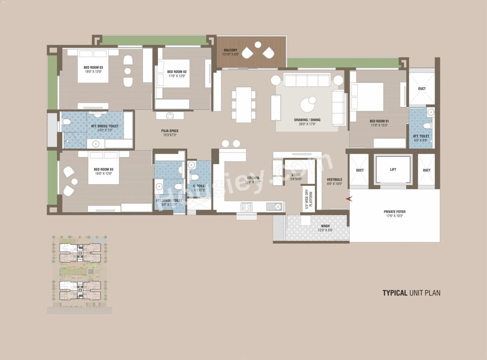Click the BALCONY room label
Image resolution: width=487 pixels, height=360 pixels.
231,50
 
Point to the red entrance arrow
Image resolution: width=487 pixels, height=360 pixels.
349,199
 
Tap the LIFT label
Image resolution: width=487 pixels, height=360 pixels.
393,170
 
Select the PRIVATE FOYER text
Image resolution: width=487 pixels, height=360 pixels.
395,212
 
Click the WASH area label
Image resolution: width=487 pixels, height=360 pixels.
325,226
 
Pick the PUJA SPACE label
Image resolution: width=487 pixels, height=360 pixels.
170,131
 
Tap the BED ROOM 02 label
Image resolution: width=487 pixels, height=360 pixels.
177,72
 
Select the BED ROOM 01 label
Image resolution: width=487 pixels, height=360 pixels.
379,121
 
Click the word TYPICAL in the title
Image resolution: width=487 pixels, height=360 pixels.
395,293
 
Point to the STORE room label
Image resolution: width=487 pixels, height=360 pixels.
296,175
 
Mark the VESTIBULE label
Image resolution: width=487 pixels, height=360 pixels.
334,180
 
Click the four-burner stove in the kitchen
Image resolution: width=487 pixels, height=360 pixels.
247,207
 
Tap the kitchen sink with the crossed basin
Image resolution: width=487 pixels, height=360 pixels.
278,207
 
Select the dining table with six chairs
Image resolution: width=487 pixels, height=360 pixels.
243,105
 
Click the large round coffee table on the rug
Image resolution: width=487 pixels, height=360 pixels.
307,105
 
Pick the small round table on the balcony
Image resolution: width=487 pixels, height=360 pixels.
258,45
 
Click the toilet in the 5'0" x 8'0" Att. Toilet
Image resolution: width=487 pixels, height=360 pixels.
427,126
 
